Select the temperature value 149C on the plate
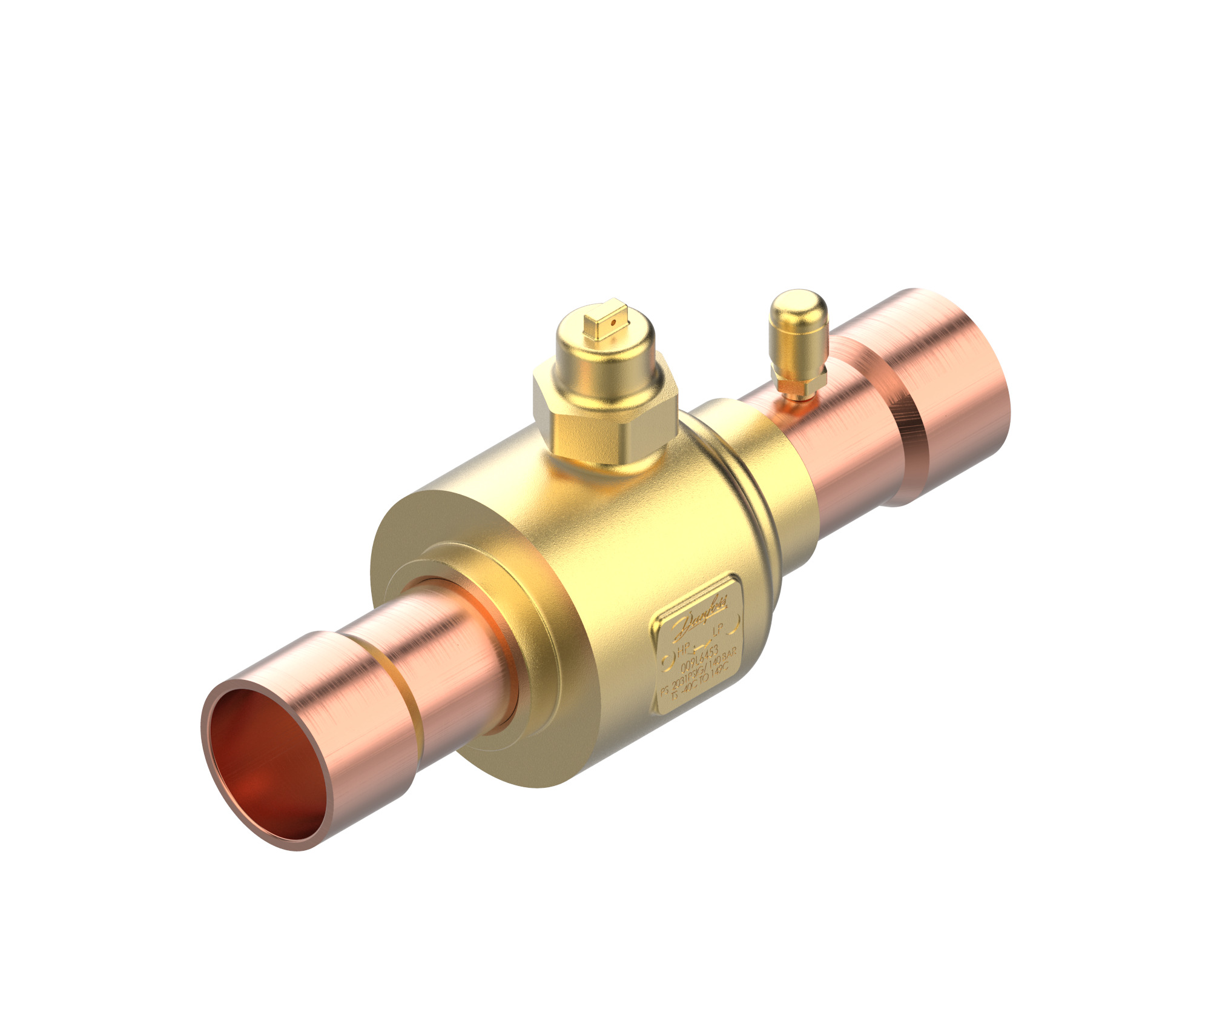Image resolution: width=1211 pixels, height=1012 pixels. (x=719, y=674)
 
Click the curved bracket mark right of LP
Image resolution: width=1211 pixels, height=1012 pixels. (x=735, y=626)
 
